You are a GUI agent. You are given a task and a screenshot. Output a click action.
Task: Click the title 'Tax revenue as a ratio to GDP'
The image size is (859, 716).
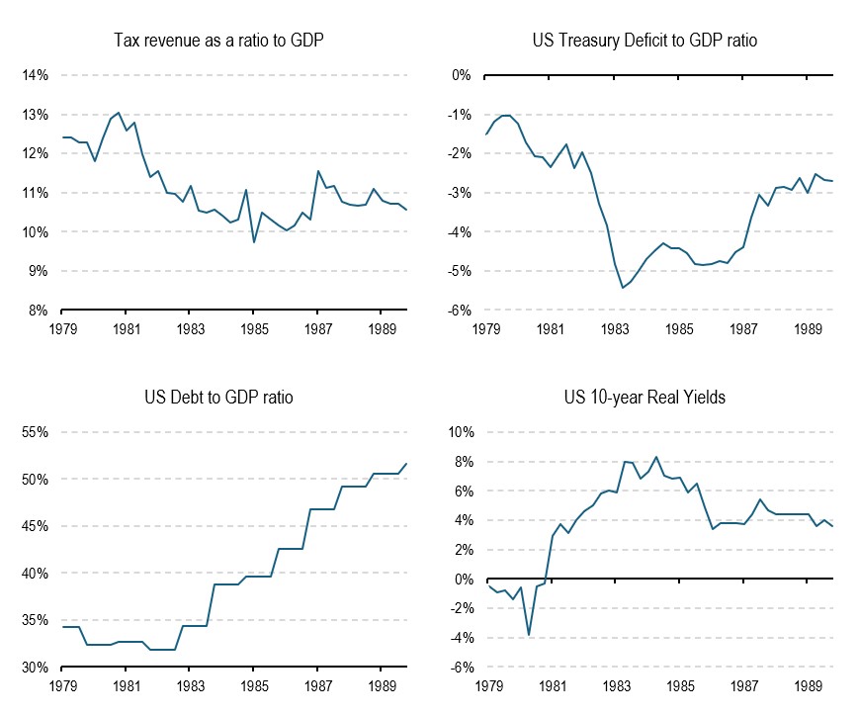[218, 40]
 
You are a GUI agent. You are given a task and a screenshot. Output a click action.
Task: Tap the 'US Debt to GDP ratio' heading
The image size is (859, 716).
[218, 398]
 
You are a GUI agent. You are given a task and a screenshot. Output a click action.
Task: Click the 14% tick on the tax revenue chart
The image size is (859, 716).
[35, 75]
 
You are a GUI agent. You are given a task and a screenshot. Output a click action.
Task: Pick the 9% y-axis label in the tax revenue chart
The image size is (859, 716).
[38, 271]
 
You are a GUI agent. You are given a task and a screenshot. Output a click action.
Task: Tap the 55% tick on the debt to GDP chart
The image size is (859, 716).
[35, 433]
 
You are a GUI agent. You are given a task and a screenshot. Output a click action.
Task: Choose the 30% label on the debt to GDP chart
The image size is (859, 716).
[35, 669]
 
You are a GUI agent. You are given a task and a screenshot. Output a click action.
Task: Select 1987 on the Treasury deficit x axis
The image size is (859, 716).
[744, 328]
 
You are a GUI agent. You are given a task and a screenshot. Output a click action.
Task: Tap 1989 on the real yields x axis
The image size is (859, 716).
[809, 685]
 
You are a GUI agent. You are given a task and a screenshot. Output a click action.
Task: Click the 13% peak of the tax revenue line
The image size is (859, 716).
[119, 113]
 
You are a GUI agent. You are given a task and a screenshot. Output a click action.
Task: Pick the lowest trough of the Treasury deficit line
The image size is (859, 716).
[623, 288]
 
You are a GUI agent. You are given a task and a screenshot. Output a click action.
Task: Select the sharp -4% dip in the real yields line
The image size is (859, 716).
[529, 635]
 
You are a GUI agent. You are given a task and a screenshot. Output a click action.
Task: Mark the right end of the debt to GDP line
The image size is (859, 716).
[406, 464]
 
